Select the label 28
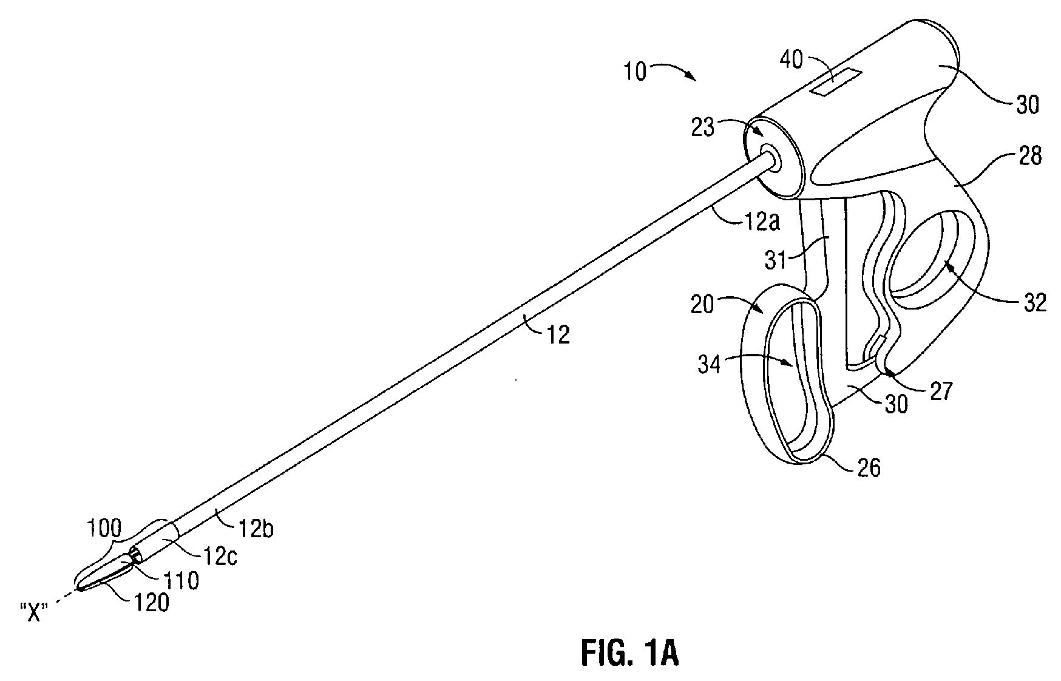tap(1028, 156)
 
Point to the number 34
tap(707, 365)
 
